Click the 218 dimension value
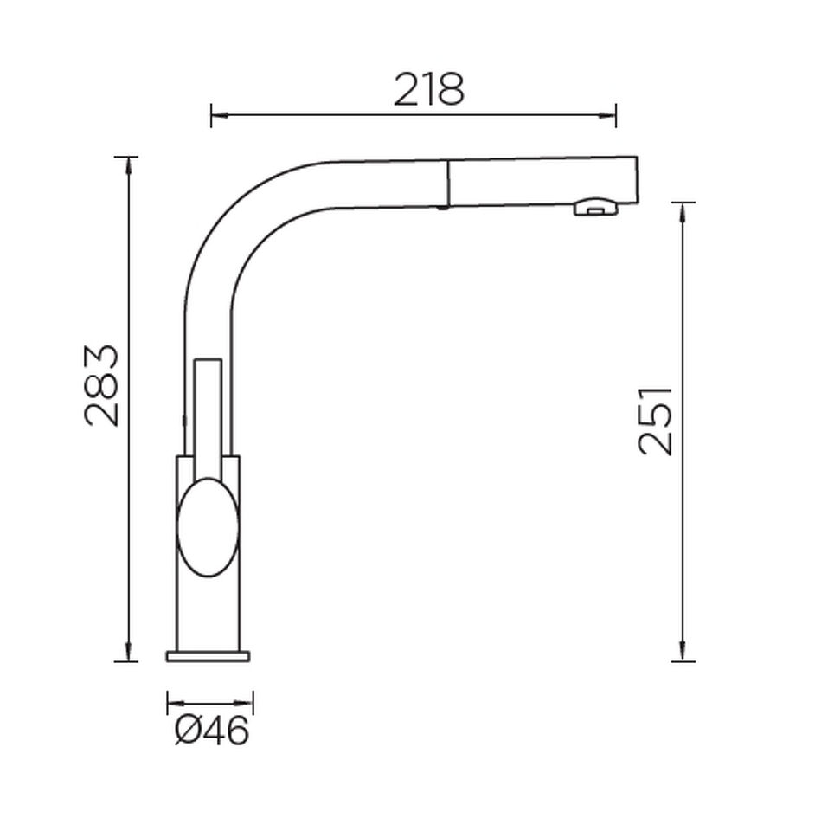(429, 89)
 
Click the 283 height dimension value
(101, 385)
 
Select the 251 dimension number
(656, 422)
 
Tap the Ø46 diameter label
(211, 731)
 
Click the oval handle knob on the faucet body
(208, 527)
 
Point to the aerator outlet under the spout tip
(596, 207)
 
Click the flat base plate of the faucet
(208, 656)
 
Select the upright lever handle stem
(209, 419)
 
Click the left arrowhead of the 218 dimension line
(219, 115)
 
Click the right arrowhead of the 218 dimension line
(607, 115)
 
